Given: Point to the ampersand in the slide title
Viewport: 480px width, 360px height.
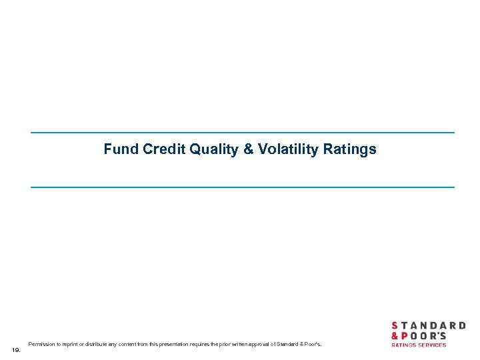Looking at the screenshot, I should coord(249,149).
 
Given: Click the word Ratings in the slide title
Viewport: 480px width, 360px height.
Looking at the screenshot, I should coord(350,149).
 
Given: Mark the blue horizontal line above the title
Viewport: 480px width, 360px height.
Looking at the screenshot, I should coord(242,133).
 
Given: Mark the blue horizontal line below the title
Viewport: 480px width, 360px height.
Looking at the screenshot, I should coord(242,187).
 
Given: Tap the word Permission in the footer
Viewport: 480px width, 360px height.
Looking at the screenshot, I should coord(41,345).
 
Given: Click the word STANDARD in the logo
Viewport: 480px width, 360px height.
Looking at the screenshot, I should coord(428,325).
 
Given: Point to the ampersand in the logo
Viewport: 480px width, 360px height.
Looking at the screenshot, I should coord(395,335).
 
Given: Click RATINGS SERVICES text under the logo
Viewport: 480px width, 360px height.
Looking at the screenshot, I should coord(419,345).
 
